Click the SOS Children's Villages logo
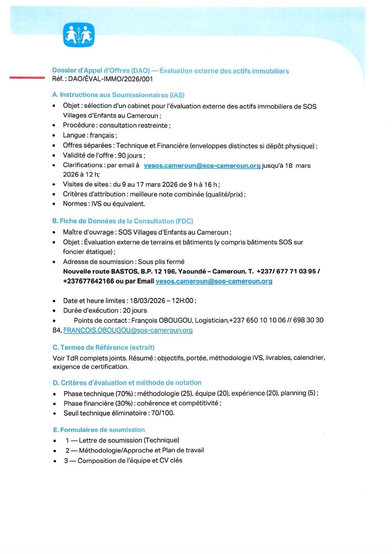(x=79, y=35)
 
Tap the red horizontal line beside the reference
(x=27, y=78)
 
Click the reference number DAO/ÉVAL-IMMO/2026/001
(x=110, y=79)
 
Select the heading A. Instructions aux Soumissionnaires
(x=118, y=95)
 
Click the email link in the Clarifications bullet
(x=202, y=166)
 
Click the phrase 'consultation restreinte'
(x=133, y=126)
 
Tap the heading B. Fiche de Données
(x=123, y=221)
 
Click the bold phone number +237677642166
(x=89, y=281)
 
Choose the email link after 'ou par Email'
(x=214, y=281)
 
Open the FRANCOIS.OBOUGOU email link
(x=128, y=330)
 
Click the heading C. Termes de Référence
(x=104, y=348)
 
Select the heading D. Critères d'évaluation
(x=127, y=383)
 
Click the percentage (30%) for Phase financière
(x=124, y=403)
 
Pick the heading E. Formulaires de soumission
(x=99, y=430)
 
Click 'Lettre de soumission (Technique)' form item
(x=129, y=440)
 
